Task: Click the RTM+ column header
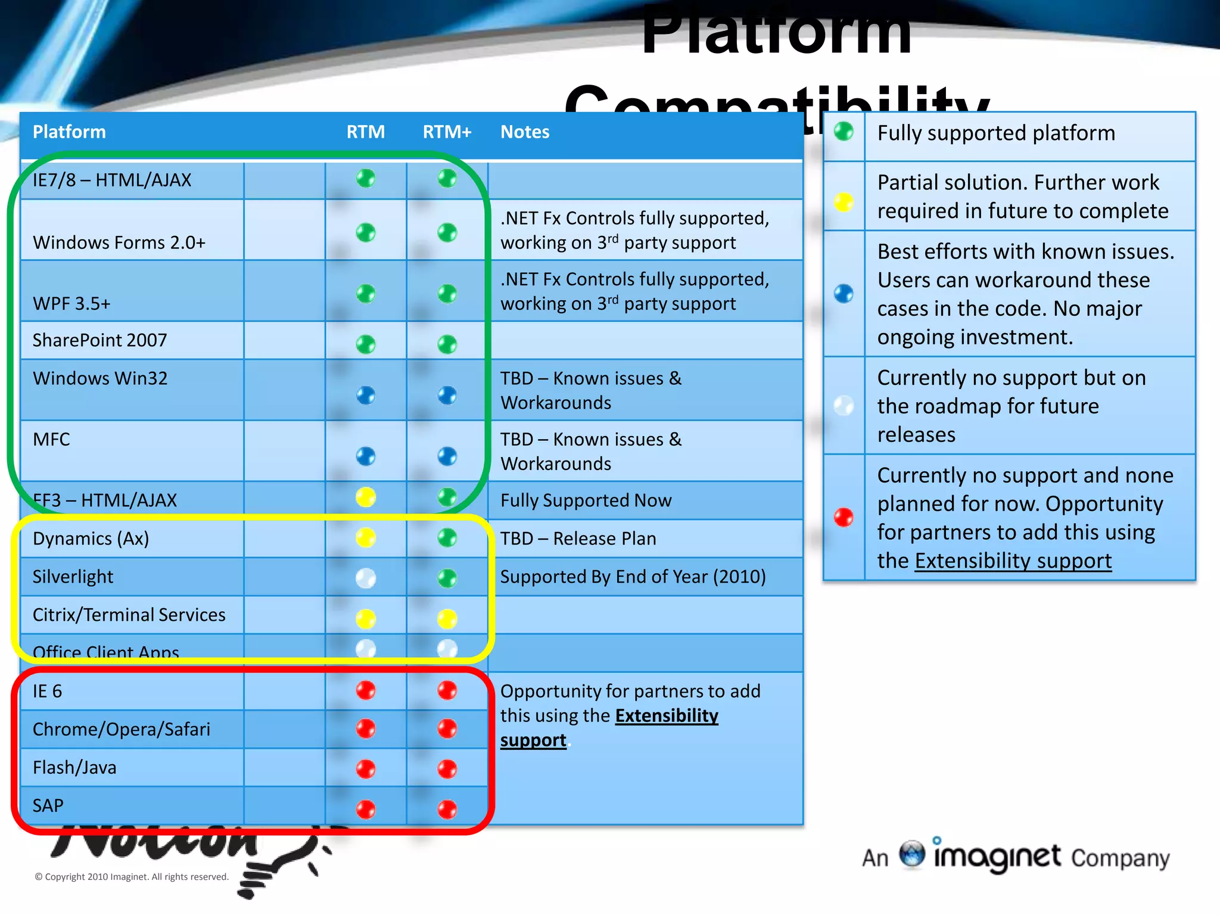447,132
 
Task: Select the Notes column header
524,132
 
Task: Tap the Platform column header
69,132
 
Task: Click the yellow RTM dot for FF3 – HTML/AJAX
366,497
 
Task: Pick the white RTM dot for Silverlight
366,577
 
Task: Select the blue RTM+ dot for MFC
447,456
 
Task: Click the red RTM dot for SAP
366,809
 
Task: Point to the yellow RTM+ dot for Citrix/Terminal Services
447,618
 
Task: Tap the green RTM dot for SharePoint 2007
366,344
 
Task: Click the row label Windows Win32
100,378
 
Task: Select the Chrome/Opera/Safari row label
122,729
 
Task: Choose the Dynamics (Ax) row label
91,539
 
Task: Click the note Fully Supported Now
586,500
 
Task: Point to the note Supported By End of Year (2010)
633,577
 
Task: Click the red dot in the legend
844,517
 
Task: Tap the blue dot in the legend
844,294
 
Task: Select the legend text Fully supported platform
996,133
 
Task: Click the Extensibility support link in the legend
1013,561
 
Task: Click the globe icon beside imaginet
912,854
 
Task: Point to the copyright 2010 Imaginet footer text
132,877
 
